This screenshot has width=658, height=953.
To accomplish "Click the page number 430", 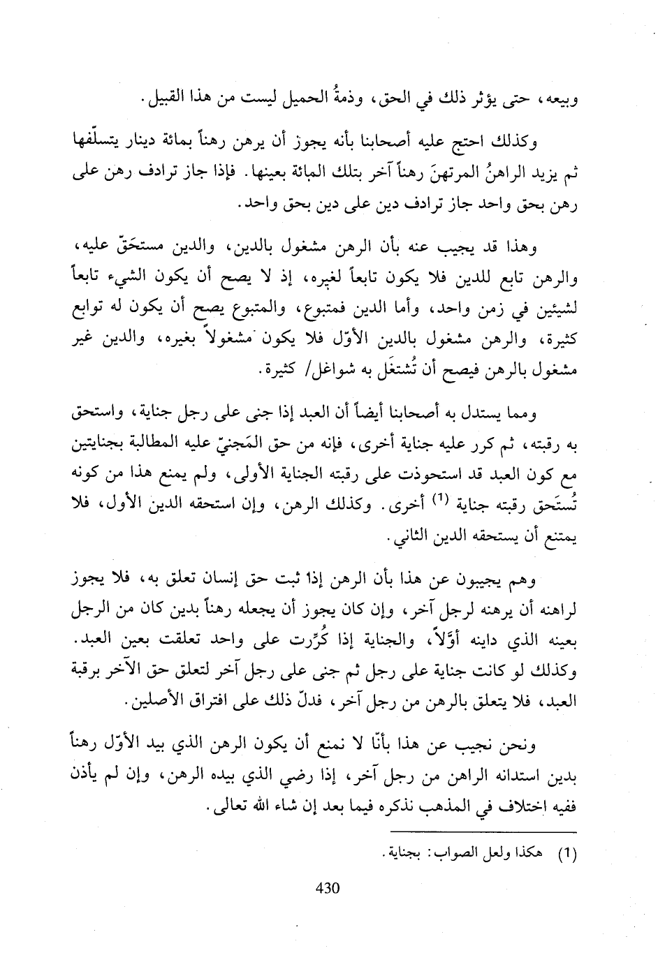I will [328, 888].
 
